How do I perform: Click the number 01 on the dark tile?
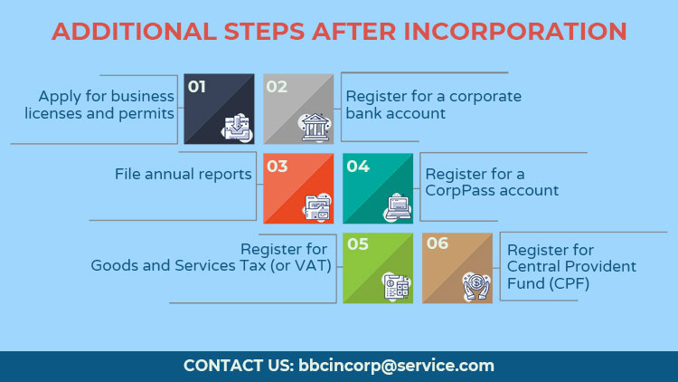197,87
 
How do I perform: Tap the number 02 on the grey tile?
277,87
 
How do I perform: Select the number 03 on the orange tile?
278,167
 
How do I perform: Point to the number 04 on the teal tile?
358,167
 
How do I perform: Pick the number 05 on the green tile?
358,244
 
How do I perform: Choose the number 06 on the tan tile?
438,244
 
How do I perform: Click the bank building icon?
315,128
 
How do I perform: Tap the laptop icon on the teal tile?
398,207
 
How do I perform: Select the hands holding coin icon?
476,286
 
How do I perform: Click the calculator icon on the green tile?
397,287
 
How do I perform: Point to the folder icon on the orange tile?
317,207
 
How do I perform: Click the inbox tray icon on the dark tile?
237,128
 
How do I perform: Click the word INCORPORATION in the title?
515,32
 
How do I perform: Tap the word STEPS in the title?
264,32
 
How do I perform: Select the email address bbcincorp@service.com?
396,366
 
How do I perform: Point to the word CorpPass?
458,191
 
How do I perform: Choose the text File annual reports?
183,174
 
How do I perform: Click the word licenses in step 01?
53,113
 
